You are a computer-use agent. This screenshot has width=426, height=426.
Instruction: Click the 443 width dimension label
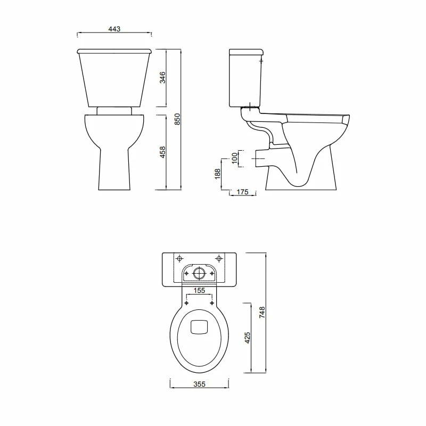[113, 29]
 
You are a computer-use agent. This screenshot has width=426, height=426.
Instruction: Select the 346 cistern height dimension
[163, 78]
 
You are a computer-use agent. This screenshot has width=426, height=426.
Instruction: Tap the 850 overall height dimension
[178, 119]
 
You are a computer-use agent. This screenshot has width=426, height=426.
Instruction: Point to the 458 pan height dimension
[163, 152]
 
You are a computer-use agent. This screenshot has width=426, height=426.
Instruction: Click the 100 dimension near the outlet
[234, 158]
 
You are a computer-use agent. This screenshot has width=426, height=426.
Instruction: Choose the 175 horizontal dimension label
[242, 192]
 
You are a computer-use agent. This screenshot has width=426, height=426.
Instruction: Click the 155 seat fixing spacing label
[199, 291]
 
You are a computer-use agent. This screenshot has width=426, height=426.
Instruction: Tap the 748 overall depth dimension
[261, 313]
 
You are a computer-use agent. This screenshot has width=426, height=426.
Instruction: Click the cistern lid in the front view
[114, 51]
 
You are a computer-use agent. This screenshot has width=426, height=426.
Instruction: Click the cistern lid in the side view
[247, 52]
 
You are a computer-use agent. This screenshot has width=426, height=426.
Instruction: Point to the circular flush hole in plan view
[199, 273]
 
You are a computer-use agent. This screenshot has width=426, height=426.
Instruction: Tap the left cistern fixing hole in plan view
[179, 258]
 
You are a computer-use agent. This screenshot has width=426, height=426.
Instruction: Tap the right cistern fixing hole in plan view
[219, 258]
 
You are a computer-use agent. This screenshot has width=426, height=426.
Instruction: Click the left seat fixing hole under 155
[186, 303]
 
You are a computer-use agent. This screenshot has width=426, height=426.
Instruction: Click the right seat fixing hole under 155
[212, 303]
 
